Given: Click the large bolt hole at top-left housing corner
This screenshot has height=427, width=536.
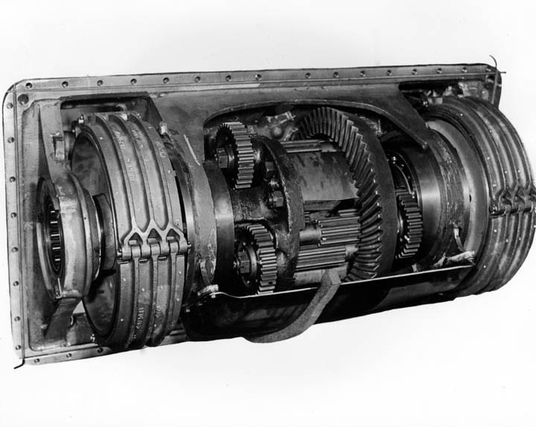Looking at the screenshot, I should pyautogui.click(x=23, y=98).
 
